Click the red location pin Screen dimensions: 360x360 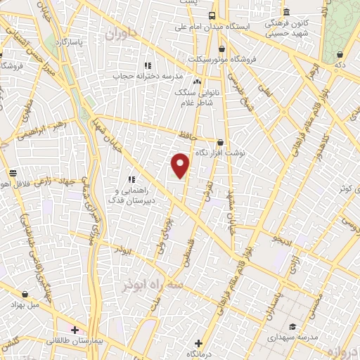tap(181, 165)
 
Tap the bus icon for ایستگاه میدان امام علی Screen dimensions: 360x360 tap(212, 15)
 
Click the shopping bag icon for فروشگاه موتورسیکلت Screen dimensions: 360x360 tap(222, 49)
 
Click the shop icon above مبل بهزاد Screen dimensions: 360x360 tap(25, 294)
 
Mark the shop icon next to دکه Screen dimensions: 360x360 tap(340, 53)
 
